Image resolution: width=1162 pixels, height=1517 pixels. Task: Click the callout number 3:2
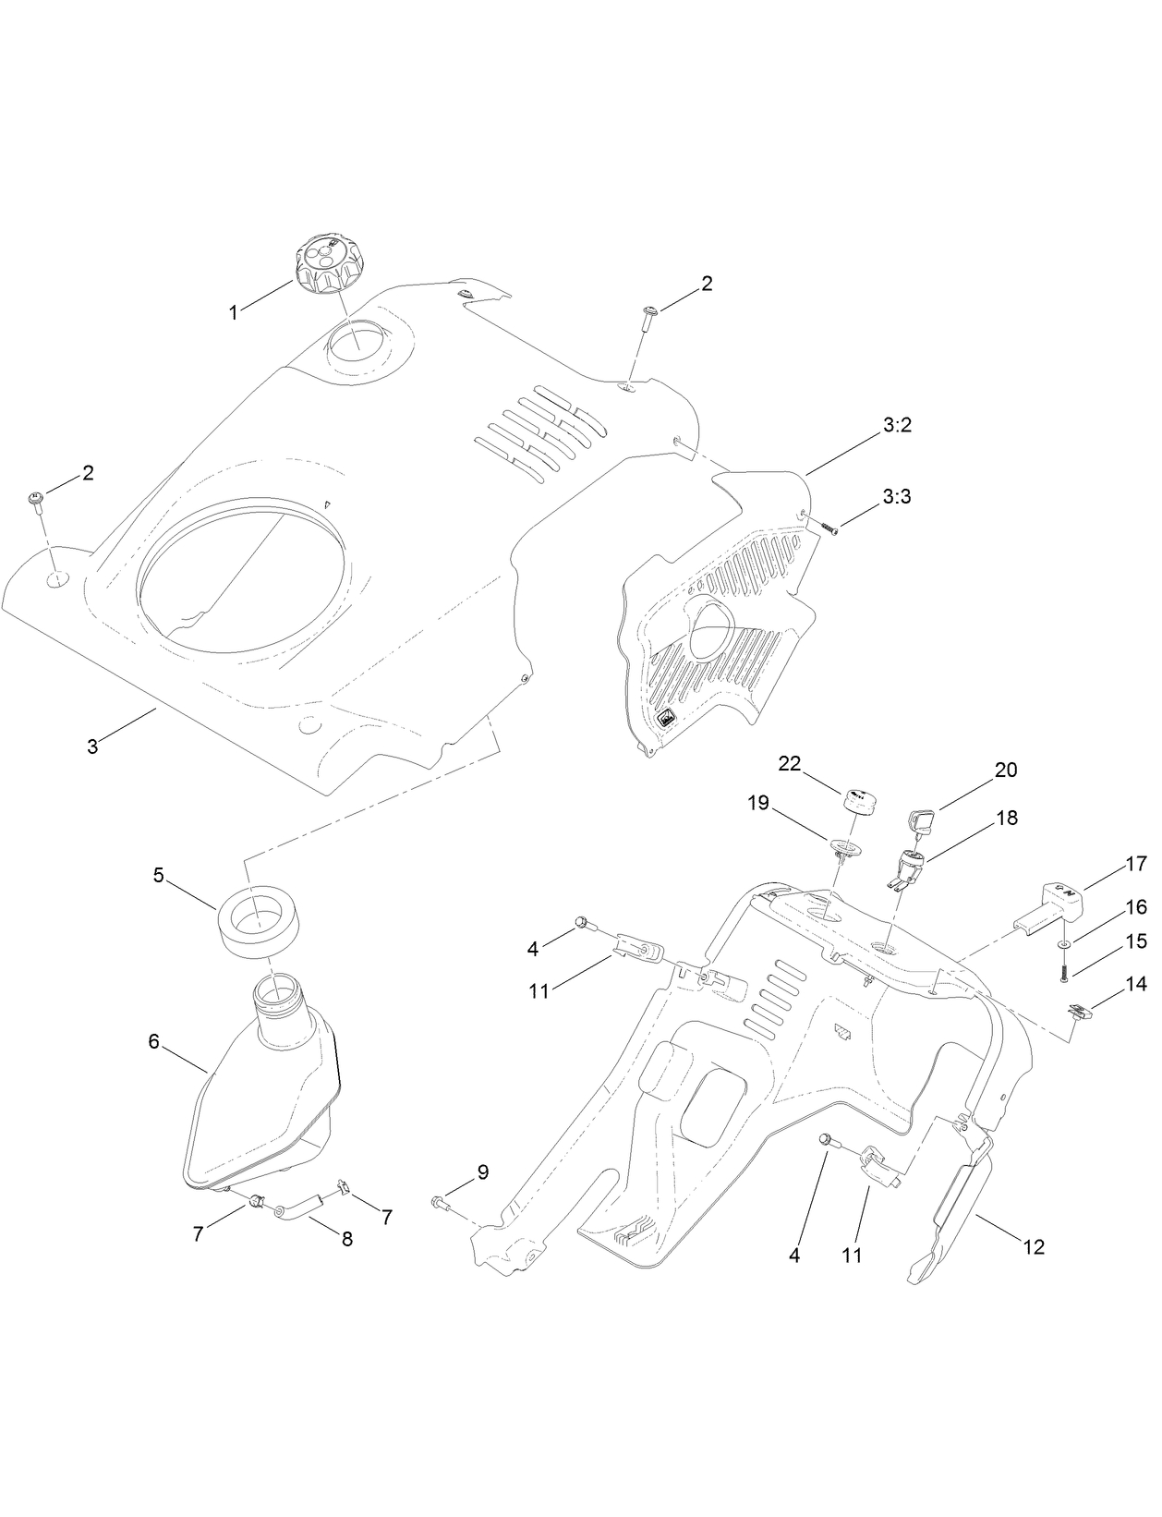pyautogui.click(x=897, y=426)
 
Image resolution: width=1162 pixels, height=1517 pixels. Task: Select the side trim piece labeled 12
pyautogui.click(x=951, y=1220)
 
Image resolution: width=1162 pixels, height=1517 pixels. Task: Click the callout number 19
pyautogui.click(x=758, y=803)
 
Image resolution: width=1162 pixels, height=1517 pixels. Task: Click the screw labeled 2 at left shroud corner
pyautogui.click(x=37, y=501)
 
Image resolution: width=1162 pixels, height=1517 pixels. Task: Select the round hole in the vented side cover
pyautogui.click(x=708, y=624)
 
